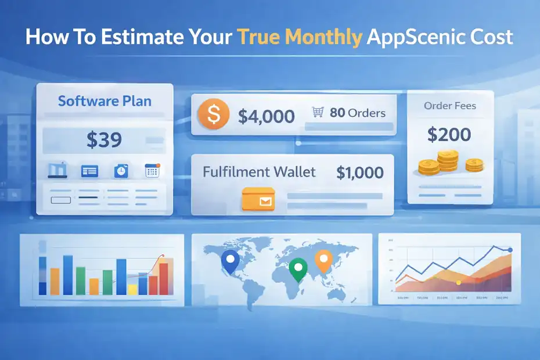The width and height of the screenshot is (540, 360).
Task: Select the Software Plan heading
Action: (x=105, y=101)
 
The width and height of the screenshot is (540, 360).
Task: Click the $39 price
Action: (x=104, y=139)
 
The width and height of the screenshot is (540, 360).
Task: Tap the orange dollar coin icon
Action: (x=213, y=114)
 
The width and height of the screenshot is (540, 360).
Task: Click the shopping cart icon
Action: (x=318, y=112)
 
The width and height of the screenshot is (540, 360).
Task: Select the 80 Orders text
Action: (x=358, y=113)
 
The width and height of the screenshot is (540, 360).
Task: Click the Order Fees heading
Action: (x=450, y=106)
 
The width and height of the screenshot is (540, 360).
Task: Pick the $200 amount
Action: (x=449, y=135)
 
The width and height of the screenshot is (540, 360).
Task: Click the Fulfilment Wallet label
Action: (x=259, y=172)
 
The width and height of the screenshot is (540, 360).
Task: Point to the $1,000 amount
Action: (x=359, y=172)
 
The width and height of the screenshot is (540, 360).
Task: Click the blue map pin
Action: (x=231, y=263)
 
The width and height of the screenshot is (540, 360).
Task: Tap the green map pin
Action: (x=298, y=269)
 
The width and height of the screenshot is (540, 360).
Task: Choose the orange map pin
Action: (x=322, y=260)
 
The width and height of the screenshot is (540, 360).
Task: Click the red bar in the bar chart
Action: (x=163, y=279)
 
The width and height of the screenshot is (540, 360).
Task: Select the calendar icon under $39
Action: (x=152, y=171)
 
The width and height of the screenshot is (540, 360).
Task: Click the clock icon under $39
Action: (x=121, y=171)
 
